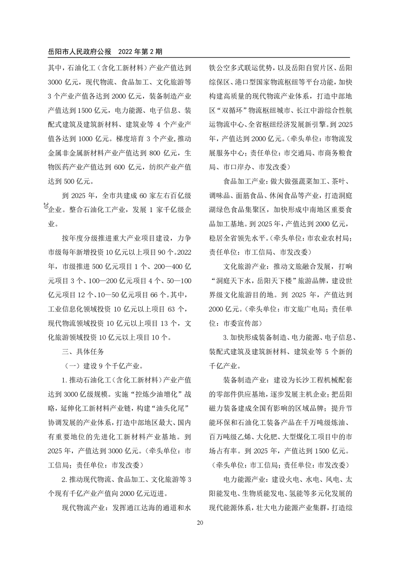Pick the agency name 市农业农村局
pos(330,238)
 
